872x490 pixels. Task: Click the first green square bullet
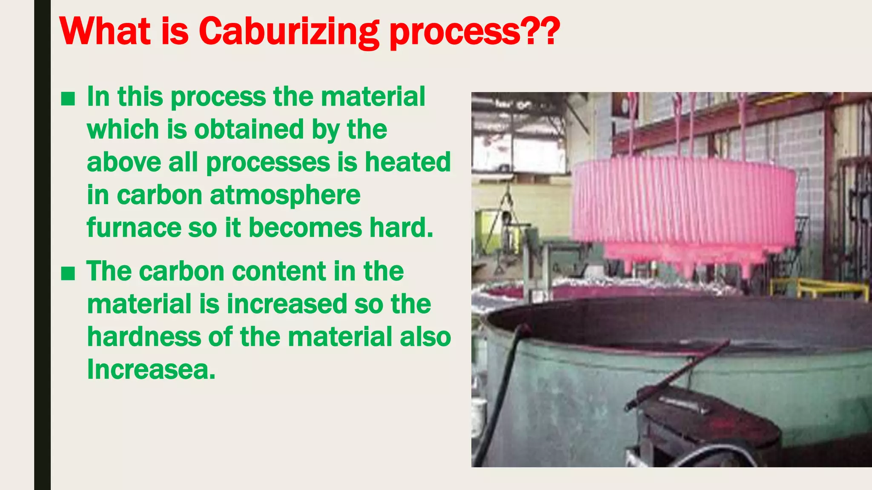(x=68, y=99)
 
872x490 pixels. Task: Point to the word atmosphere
(x=285, y=195)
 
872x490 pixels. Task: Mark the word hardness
(x=143, y=336)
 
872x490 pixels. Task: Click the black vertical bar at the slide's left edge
(x=42, y=245)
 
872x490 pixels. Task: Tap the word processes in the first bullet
(x=268, y=162)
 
